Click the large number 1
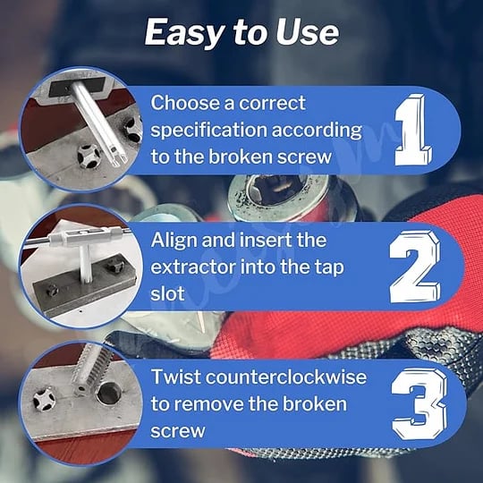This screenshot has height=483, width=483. (x=413, y=130)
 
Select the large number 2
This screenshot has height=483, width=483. (x=415, y=267)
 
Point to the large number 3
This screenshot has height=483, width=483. (x=419, y=403)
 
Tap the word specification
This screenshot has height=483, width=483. (x=208, y=131)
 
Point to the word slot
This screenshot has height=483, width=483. (x=167, y=293)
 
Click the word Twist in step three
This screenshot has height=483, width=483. (x=175, y=377)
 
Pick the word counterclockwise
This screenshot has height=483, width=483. (x=286, y=377)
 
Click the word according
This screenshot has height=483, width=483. (x=317, y=131)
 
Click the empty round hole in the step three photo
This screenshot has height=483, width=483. (x=109, y=393)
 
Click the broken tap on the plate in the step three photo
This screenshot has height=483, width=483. (x=45, y=400)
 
